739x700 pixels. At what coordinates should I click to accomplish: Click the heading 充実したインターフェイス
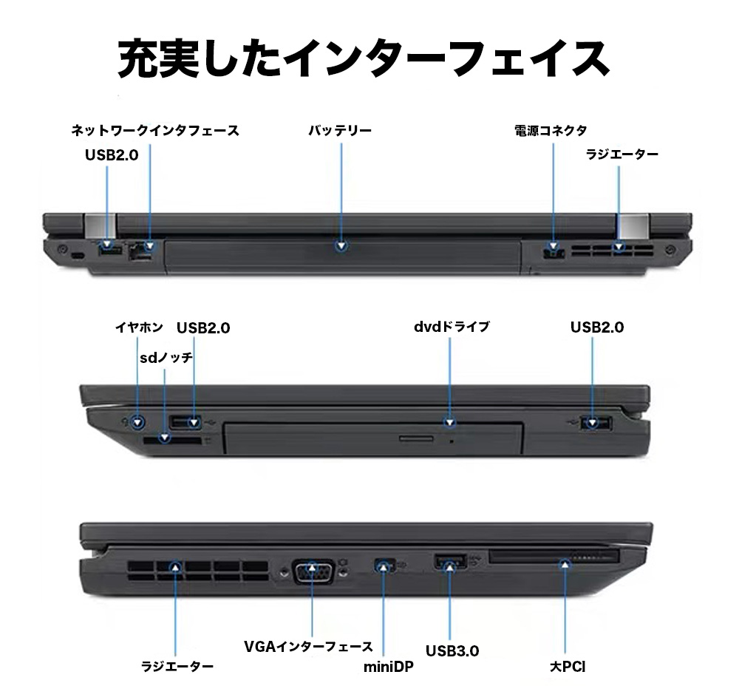tap(363, 58)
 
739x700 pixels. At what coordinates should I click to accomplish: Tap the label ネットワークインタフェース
tap(155, 131)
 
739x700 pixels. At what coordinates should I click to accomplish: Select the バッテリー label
tap(340, 131)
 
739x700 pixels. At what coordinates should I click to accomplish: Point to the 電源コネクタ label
tap(551, 131)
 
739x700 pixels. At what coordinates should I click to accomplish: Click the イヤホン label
tap(139, 327)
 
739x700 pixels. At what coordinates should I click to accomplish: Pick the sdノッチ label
tap(166, 358)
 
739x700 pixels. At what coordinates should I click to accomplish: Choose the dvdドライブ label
tap(452, 327)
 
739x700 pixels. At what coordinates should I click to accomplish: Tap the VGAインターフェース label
tap(308, 646)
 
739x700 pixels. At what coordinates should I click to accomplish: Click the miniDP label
tap(389, 667)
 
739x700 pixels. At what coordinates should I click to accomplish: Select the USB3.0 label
tap(452, 651)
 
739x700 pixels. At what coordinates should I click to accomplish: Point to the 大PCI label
tap(568, 667)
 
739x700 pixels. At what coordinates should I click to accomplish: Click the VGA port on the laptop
tap(313, 572)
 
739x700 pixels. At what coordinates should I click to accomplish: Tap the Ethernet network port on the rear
tap(140, 251)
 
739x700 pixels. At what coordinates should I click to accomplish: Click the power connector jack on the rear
tap(554, 251)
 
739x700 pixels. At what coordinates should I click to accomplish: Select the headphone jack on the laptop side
tap(137, 422)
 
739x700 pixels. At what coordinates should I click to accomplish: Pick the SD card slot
tap(172, 441)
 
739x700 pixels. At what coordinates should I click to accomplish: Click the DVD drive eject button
tap(416, 439)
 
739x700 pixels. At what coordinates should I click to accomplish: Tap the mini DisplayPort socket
tap(384, 564)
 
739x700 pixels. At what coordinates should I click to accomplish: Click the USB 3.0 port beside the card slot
tap(450, 562)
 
